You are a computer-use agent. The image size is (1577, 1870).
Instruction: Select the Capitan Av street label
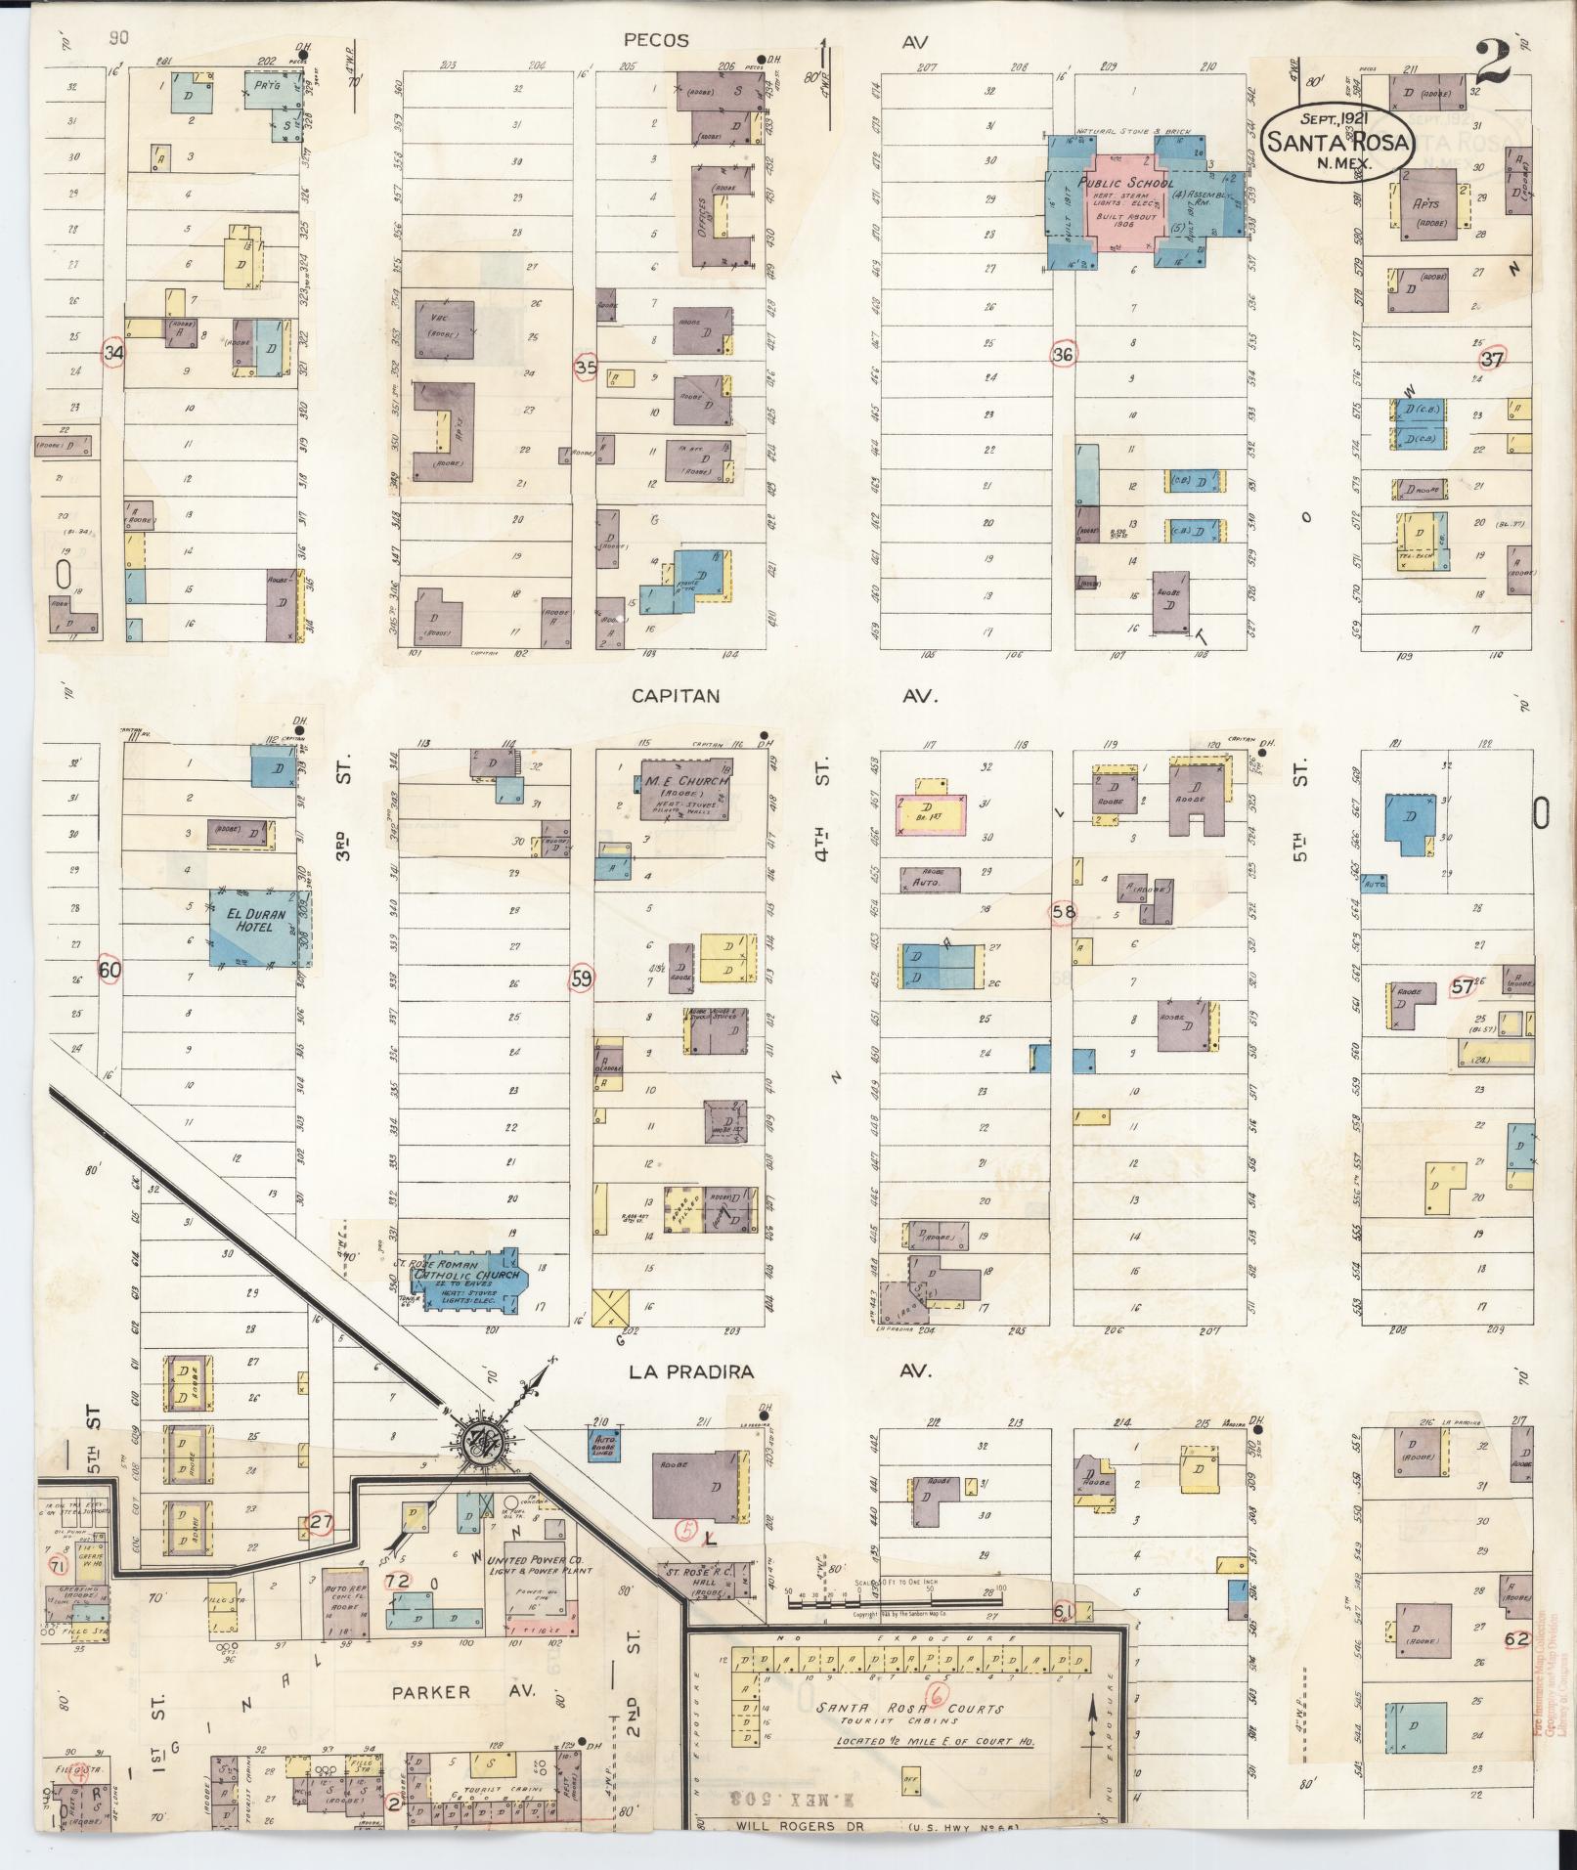[675, 696]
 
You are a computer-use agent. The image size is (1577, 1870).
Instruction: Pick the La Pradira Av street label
[691, 1371]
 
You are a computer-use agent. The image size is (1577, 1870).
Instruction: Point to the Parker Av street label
[431, 1692]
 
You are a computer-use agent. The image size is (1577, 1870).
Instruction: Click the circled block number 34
[114, 353]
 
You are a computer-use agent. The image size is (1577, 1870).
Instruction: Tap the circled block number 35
[586, 368]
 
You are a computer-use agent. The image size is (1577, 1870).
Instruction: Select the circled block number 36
[1063, 355]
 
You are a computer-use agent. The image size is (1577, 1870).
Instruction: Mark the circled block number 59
[583, 978]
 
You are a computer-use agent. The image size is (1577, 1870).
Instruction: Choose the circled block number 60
[110, 970]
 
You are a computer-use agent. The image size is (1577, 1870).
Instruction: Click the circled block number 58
[1063, 912]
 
